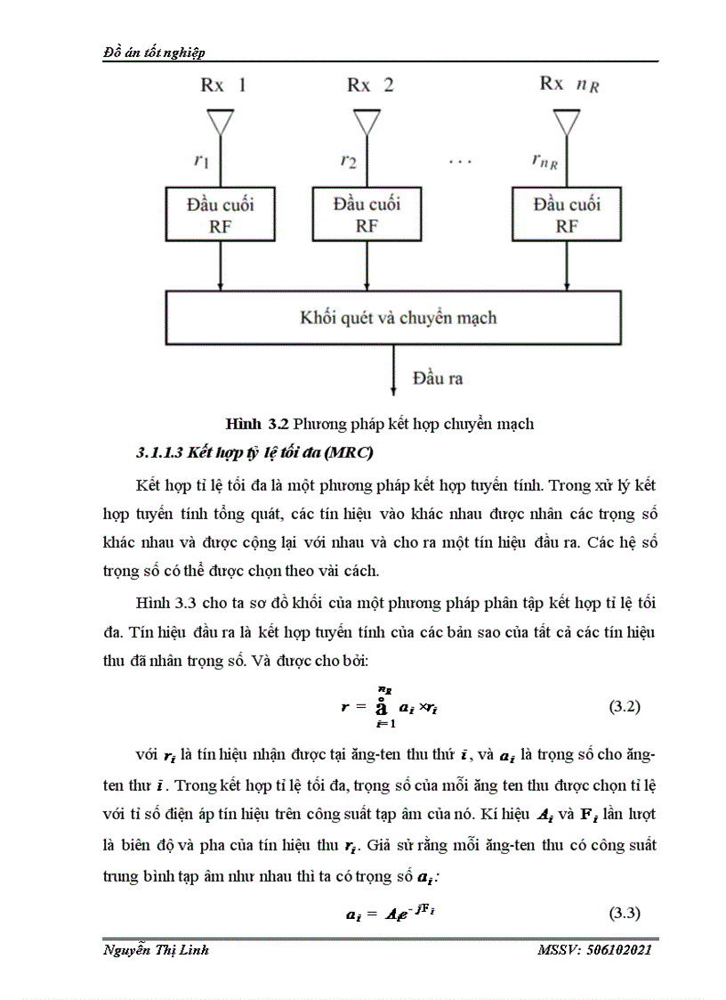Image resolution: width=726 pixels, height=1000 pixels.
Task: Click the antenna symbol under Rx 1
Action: [x=221, y=121]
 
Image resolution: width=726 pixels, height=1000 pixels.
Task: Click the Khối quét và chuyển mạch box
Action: [x=397, y=317]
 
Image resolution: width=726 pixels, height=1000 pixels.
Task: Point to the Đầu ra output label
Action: [x=437, y=378]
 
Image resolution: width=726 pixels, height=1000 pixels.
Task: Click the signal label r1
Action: [x=202, y=160]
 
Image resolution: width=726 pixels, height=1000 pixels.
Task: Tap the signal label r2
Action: [x=348, y=161]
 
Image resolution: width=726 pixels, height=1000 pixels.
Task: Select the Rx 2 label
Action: [x=370, y=85]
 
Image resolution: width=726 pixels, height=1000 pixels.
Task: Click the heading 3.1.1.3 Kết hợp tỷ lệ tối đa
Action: [x=254, y=452]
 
